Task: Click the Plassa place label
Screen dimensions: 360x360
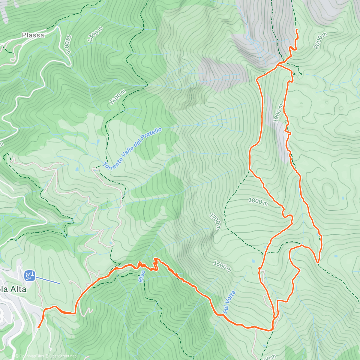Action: [33, 35]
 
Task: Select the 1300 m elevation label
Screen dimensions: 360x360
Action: [95, 34]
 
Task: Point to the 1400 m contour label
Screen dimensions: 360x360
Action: [117, 97]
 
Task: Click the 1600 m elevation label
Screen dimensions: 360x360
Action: [222, 266]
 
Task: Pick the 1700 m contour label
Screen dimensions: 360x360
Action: [215, 221]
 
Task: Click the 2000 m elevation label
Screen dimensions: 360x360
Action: [320, 41]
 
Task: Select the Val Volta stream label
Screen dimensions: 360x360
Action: [229, 302]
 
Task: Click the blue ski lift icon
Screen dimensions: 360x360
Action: [30, 275]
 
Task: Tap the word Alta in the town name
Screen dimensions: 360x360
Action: [18, 289]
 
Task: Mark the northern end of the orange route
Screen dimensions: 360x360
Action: [296, 30]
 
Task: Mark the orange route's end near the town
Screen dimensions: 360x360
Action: [38, 328]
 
